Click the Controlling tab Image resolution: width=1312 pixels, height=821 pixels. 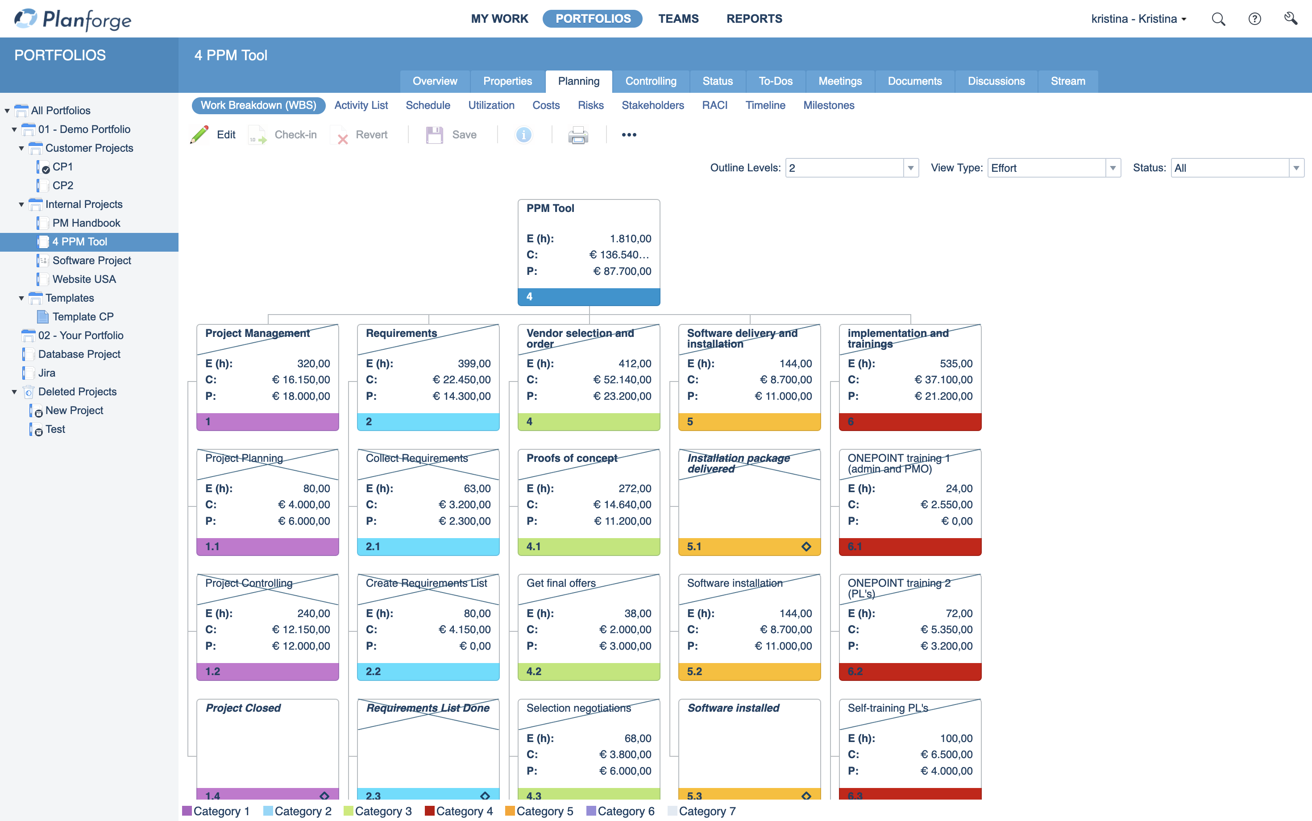[x=651, y=81]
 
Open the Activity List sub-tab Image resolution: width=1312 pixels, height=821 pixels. [x=361, y=105]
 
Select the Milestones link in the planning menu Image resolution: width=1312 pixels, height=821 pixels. [x=828, y=105]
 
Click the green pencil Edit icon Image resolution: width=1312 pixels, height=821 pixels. [x=199, y=135]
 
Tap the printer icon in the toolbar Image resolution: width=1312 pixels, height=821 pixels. [x=578, y=135]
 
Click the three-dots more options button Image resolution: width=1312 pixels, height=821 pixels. [x=629, y=135]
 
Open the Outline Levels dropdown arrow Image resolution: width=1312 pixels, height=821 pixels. [x=911, y=168]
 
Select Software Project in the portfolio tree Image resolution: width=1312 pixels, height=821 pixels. [x=91, y=261]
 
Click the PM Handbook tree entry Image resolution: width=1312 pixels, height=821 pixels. [x=86, y=223]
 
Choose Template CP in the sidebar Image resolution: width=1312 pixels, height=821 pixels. [x=83, y=316]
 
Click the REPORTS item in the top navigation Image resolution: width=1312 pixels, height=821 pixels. [x=754, y=19]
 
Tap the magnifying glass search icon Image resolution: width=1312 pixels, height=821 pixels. [x=1218, y=19]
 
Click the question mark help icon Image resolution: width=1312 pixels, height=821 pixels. [x=1254, y=19]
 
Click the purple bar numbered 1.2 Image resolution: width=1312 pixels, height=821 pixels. [x=267, y=671]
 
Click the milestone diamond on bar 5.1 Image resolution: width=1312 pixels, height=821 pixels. [x=806, y=546]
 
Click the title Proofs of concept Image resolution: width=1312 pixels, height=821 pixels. [x=571, y=458]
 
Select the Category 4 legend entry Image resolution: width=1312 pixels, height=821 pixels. [x=459, y=811]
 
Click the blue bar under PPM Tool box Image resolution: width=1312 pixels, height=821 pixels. [x=589, y=296]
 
